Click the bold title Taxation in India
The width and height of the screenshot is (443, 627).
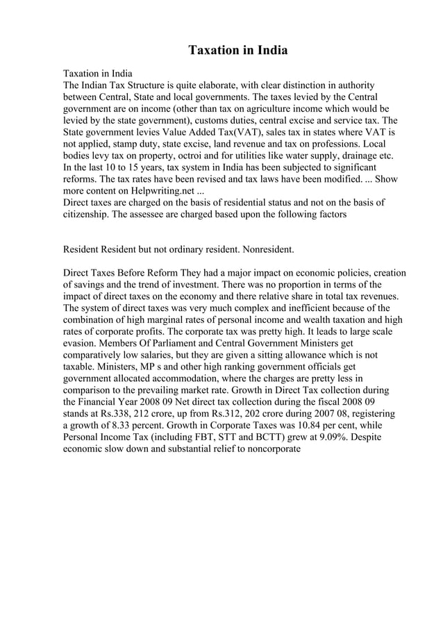(238, 51)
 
